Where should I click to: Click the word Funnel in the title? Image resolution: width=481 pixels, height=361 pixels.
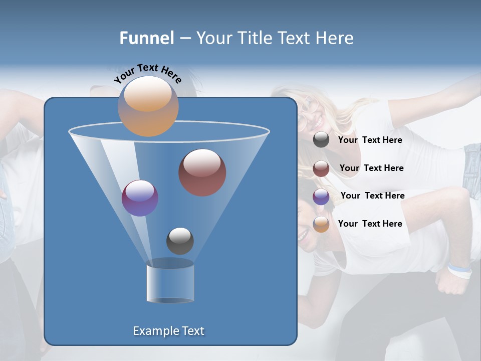[x=146, y=38]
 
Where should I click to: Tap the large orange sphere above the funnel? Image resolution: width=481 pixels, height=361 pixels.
[x=148, y=106]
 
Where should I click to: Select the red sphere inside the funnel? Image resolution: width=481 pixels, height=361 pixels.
[x=202, y=172]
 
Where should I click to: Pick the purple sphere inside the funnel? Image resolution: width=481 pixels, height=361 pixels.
[x=140, y=198]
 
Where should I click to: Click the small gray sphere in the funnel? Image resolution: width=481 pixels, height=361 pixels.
[x=180, y=241]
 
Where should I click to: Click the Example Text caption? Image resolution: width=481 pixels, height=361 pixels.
[x=168, y=331]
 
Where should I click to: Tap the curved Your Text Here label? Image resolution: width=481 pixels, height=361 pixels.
[x=147, y=73]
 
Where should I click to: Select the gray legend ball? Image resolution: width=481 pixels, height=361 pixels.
[x=321, y=140]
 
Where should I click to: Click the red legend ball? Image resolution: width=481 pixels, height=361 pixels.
[x=321, y=168]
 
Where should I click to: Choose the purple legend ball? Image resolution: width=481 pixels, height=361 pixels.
[x=321, y=196]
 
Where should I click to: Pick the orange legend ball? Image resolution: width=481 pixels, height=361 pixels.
[x=321, y=224]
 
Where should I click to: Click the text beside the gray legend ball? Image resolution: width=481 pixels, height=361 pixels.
[x=370, y=140]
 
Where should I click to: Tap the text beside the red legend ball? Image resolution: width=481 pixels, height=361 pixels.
[x=371, y=168]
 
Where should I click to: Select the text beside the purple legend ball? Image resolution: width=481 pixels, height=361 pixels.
[x=372, y=196]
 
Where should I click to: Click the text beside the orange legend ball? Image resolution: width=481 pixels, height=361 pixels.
[x=370, y=224]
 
